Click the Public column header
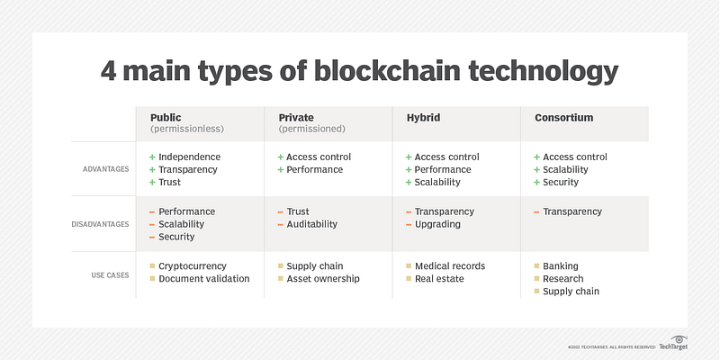[x=166, y=117]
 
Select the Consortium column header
[x=563, y=117]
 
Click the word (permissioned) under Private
[x=312, y=130]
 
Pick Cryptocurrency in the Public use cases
[x=193, y=266]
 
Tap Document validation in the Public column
[x=204, y=279]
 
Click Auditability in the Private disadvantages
[x=311, y=224]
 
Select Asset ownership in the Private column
[x=323, y=279]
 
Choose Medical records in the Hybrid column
[x=450, y=266]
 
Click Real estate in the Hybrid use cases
[x=439, y=279]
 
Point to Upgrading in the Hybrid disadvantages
[x=437, y=224]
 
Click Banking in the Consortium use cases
[x=561, y=266]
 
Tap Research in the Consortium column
[x=563, y=279]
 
